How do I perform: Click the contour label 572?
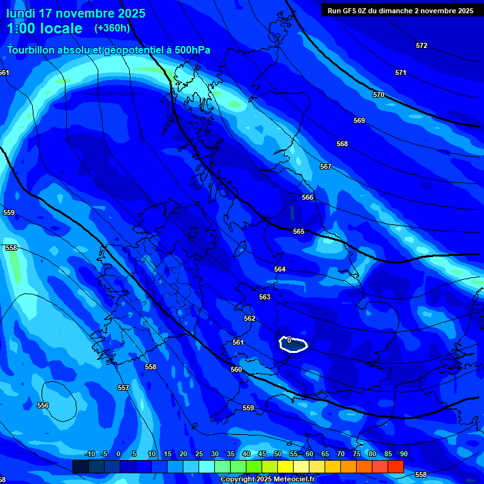422,45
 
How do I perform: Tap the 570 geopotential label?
379,95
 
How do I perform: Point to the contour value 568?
342,144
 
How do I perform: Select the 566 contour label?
308,197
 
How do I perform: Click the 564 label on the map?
280,269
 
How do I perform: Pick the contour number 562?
250,318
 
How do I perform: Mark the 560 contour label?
236,369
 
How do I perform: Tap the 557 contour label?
124,388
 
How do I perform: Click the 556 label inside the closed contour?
43,405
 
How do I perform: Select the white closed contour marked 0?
293,345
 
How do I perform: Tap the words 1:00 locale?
44,28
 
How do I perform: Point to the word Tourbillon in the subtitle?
32,50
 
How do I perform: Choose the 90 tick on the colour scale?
403,454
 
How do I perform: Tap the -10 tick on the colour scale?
90,454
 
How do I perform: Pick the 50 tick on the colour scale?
278,454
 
